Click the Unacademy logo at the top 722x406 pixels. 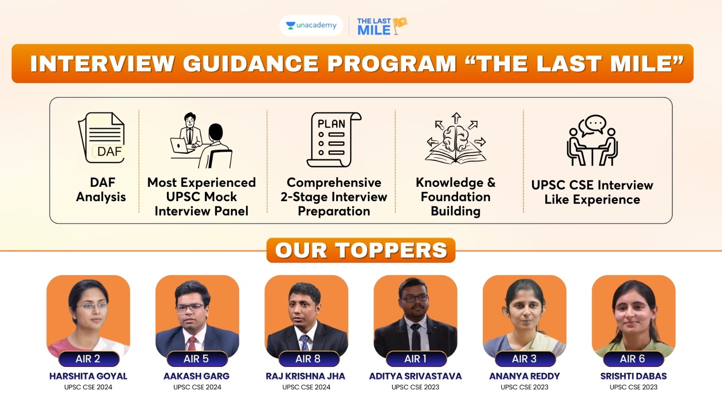point(311,25)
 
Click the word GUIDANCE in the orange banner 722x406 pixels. point(251,63)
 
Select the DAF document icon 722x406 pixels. point(102,138)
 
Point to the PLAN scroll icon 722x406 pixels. point(333,139)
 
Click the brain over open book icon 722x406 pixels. point(455,138)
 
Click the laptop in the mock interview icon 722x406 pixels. point(181,146)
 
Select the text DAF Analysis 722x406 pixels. point(101,189)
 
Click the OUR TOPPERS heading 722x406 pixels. point(361,250)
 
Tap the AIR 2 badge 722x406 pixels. point(88,359)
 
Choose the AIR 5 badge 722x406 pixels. point(197,359)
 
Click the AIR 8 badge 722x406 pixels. point(308,359)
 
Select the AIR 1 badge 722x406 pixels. point(416,359)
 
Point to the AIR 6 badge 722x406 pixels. point(633,359)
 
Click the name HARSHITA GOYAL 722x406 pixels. point(88,376)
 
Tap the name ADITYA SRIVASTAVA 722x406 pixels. point(416,376)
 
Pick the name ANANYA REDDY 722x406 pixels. point(524,376)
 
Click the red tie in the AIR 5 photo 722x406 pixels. point(192,343)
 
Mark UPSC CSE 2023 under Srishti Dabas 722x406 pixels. point(634,387)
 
